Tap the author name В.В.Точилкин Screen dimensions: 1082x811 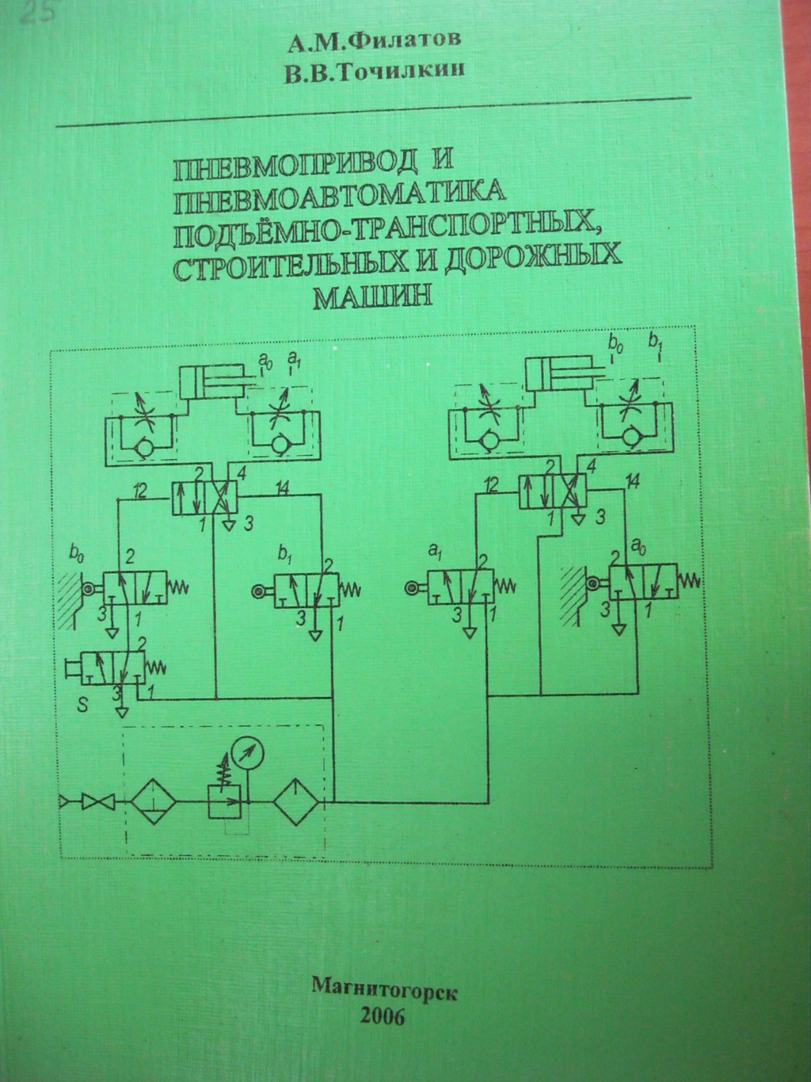(x=375, y=71)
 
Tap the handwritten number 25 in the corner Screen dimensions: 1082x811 (x=32, y=14)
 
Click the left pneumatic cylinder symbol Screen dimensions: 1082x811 (x=209, y=383)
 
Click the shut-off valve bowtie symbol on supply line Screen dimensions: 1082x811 (x=101, y=802)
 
